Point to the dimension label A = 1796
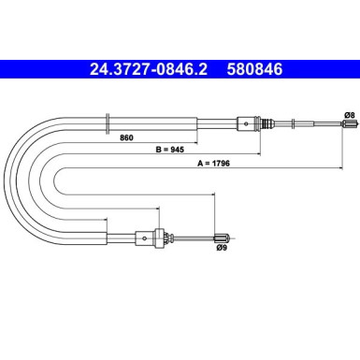pyautogui.click(x=237, y=163)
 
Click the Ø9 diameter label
pyautogui.click(x=222, y=250)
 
